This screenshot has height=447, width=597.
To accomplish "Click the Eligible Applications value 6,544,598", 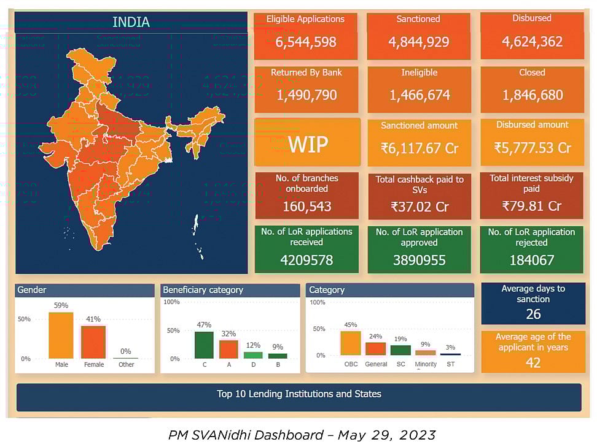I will (x=306, y=42).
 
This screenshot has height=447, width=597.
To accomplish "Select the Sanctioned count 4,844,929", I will (x=419, y=42).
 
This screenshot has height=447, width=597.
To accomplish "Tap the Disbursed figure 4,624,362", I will (x=532, y=42).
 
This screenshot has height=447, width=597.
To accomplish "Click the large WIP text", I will (x=308, y=144).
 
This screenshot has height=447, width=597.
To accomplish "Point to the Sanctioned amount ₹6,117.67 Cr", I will (x=419, y=148).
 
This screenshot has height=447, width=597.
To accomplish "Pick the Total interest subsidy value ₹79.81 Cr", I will (x=532, y=206).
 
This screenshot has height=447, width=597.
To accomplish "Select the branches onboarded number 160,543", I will (x=306, y=206).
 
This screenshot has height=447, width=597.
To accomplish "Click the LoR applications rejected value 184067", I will (x=532, y=260).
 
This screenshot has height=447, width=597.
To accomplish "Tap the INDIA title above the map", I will (x=131, y=22).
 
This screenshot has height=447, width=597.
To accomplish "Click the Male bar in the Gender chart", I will (x=61, y=335).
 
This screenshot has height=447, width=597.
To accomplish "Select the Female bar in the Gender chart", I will (x=93, y=342).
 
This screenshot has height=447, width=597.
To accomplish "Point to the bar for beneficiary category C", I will (x=204, y=345).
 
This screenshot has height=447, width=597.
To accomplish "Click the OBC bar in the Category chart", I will (x=351, y=343).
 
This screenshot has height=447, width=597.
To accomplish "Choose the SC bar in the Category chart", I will (x=400, y=350).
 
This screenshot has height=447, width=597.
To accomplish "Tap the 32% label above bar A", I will (x=228, y=334).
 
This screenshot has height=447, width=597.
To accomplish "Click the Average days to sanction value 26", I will (x=533, y=314).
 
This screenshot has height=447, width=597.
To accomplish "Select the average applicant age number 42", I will (x=533, y=362).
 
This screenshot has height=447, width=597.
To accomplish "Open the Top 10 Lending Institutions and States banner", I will (x=298, y=394).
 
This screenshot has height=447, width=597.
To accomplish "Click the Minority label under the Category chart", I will (x=426, y=364).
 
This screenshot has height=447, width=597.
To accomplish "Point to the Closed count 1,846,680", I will (x=532, y=95).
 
